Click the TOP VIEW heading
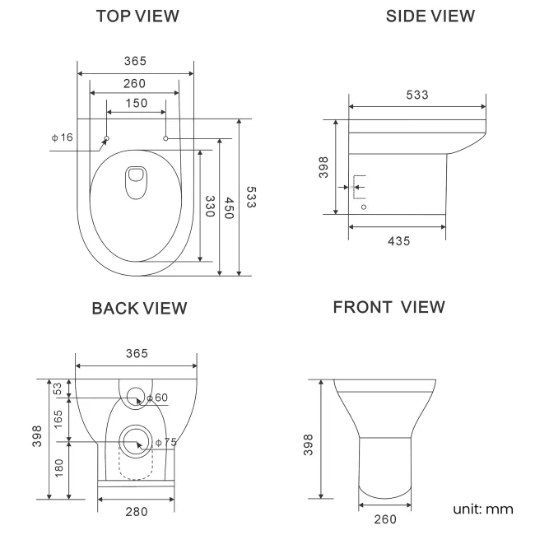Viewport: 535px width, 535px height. click(137, 16)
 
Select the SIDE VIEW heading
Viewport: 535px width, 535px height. click(430, 16)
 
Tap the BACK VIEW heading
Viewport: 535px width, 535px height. click(139, 308)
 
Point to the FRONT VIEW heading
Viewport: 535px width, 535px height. click(389, 307)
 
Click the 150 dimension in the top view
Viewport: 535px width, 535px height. click(137, 103)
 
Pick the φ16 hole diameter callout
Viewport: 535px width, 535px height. click(63, 137)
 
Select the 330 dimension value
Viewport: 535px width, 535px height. click(211, 207)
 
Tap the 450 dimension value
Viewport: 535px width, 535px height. click(230, 207)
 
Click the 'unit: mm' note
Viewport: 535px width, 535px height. click(483, 509)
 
